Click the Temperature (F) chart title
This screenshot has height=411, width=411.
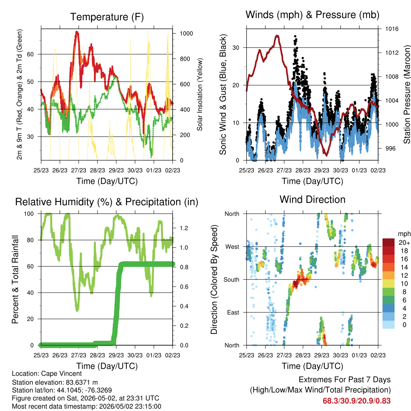107,17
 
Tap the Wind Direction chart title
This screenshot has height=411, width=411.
312,199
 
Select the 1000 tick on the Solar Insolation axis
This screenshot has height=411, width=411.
186,34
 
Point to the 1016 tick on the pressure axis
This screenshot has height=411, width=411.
392,29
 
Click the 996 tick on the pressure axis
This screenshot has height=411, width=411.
390,149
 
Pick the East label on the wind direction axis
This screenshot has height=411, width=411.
233,312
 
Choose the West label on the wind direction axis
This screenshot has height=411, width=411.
232,247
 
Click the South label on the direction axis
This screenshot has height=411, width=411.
232,280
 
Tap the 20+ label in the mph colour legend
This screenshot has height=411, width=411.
404,243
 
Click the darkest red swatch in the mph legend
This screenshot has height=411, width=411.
389,242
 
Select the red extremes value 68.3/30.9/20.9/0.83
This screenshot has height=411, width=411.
356,401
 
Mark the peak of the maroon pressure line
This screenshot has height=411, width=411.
277,35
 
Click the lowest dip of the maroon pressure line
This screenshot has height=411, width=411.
326,155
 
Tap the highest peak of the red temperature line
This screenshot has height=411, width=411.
77,32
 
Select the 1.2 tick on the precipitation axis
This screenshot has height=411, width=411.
184,228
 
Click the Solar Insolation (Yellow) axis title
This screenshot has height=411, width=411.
200,94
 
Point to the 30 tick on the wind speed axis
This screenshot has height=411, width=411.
236,48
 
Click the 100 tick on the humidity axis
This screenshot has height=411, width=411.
29,214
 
